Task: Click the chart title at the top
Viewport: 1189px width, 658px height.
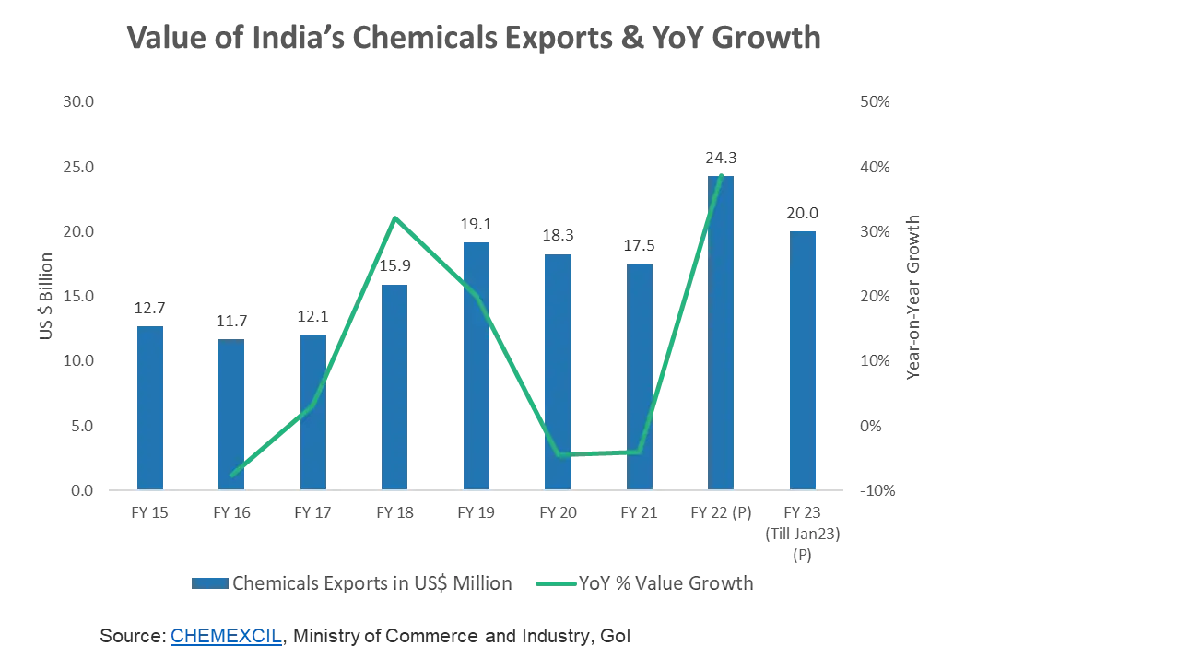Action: [475, 39]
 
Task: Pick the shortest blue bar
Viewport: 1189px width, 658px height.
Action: [231, 414]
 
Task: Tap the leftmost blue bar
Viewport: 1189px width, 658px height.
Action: [151, 406]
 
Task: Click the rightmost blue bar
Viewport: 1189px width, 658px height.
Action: [803, 358]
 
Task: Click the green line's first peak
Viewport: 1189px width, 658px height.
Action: [394, 217]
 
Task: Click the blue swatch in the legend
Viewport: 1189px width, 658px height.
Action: [210, 582]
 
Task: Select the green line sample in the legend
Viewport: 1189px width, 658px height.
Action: [555, 582]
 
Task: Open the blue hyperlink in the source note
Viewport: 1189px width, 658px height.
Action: [225, 637]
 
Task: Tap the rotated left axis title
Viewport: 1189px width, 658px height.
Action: [46, 295]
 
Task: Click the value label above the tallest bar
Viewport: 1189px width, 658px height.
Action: [720, 157]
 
